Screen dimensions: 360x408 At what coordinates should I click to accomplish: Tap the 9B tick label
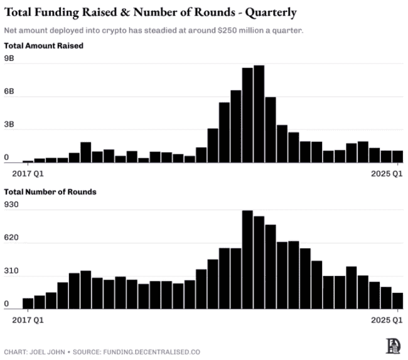[x=9, y=58]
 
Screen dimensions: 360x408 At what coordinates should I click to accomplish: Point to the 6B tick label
[x=9, y=92]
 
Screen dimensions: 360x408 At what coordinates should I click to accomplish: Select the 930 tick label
[x=12, y=205]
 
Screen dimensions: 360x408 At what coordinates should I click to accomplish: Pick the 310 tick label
[x=12, y=272]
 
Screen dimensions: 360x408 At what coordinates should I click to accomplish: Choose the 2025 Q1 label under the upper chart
[x=387, y=171]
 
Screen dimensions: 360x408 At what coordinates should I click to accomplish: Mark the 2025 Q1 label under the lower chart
[x=387, y=319]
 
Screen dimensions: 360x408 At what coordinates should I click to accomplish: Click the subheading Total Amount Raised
[x=43, y=46]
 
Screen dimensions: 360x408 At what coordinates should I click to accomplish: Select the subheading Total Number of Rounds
[x=50, y=192]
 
